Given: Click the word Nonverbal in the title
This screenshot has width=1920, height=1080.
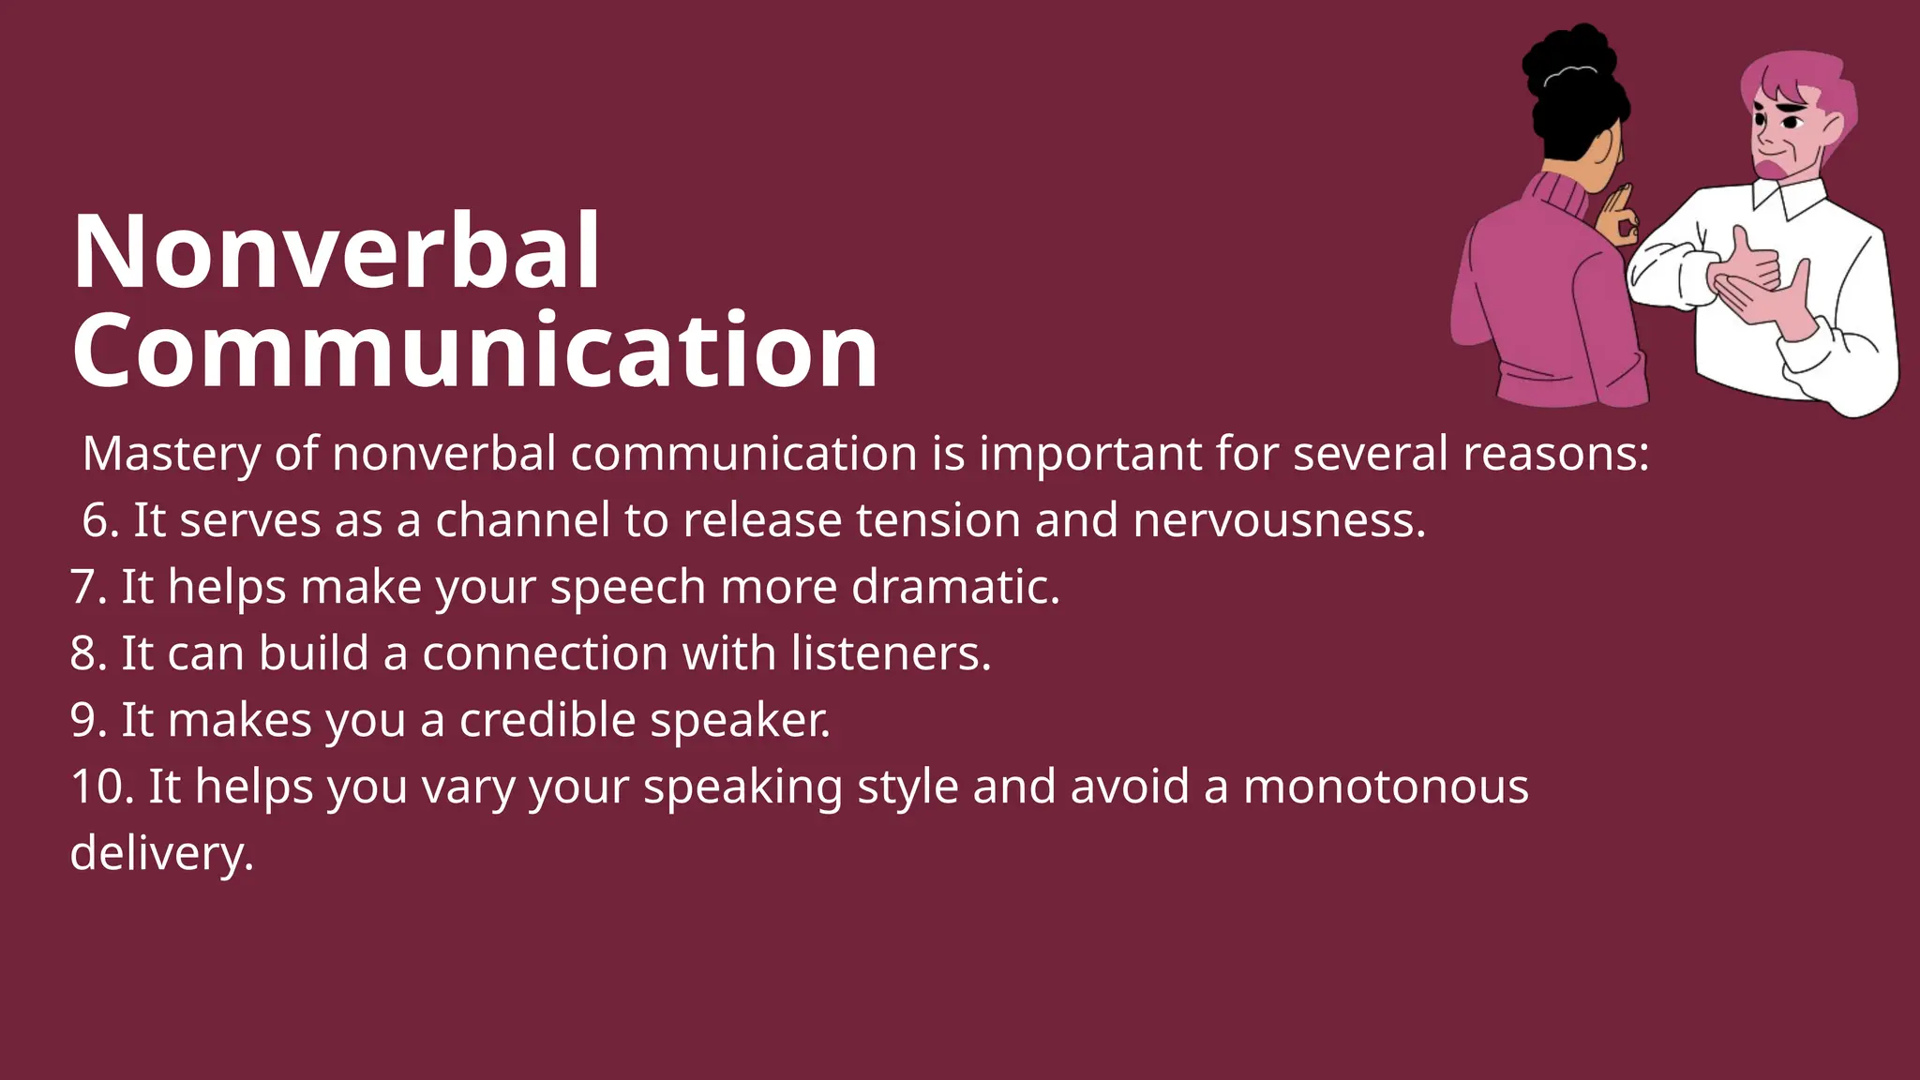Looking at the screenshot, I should (x=336, y=251).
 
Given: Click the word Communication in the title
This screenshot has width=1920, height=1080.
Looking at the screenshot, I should (x=474, y=351).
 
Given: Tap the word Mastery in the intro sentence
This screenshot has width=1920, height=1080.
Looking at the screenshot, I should (x=172, y=455).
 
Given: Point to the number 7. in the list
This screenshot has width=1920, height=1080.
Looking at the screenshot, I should (x=88, y=588).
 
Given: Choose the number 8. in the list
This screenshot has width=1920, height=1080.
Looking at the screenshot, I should (x=88, y=653).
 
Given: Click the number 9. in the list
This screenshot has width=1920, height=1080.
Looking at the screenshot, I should (x=88, y=720).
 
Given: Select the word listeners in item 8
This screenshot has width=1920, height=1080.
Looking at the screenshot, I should (x=891, y=653).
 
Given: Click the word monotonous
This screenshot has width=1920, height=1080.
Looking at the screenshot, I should (x=1386, y=787).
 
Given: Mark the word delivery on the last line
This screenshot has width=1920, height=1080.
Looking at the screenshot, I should (x=161, y=854).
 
